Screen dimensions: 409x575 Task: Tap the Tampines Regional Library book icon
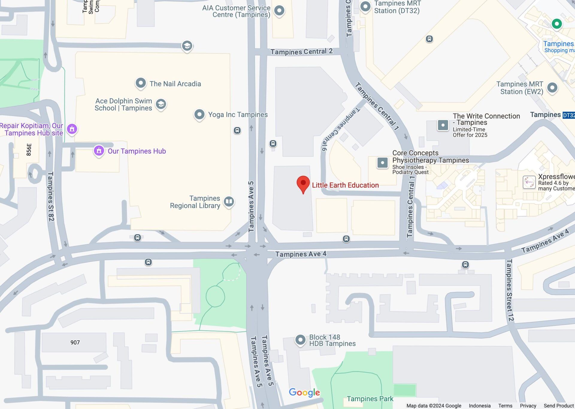click(229, 202)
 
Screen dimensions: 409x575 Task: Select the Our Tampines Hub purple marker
click(99, 151)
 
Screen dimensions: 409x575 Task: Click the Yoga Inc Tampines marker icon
click(199, 114)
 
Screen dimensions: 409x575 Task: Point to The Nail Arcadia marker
click(141, 83)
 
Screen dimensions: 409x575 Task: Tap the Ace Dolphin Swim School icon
click(161, 104)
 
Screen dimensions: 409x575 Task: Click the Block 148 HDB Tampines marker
click(300, 340)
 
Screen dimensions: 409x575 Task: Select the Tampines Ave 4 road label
click(301, 254)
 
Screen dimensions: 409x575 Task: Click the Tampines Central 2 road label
click(301, 52)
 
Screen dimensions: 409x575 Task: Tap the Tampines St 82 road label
click(51, 196)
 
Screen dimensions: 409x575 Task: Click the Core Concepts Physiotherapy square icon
click(382, 163)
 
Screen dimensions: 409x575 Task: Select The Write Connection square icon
click(443, 125)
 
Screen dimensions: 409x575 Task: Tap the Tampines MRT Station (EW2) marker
click(552, 88)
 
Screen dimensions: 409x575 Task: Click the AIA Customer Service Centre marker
click(279, 11)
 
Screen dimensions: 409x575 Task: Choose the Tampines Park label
click(370, 399)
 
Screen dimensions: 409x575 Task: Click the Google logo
click(304, 393)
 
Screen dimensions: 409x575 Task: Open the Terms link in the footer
click(505, 406)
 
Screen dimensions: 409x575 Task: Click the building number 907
click(75, 342)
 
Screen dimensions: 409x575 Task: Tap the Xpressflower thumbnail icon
click(529, 182)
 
